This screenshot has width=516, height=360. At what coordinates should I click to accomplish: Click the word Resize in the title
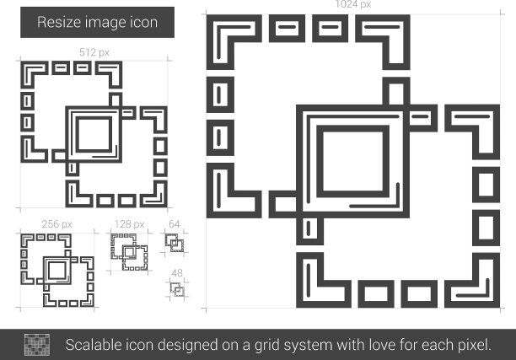coord(59,22)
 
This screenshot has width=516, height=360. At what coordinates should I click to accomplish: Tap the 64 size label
coord(174,224)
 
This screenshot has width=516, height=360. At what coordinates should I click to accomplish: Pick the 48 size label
coord(177,273)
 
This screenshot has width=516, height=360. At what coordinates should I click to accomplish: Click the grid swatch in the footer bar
coord(37,345)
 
